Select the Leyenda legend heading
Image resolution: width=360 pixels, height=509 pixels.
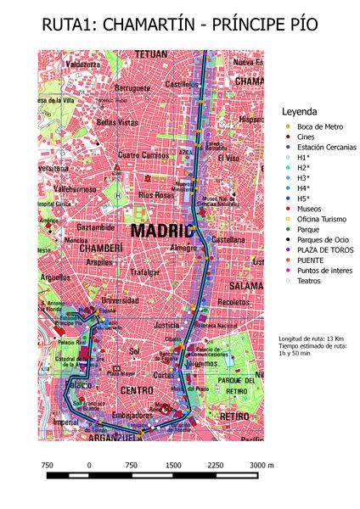click(x=299, y=112)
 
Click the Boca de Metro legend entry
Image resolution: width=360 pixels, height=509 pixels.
click(x=318, y=127)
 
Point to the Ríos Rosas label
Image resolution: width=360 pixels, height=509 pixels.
click(x=155, y=195)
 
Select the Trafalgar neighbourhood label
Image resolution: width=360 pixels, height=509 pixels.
click(x=145, y=272)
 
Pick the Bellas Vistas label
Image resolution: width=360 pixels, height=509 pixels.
click(x=117, y=122)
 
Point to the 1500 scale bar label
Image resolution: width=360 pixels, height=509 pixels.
click(x=173, y=465)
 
